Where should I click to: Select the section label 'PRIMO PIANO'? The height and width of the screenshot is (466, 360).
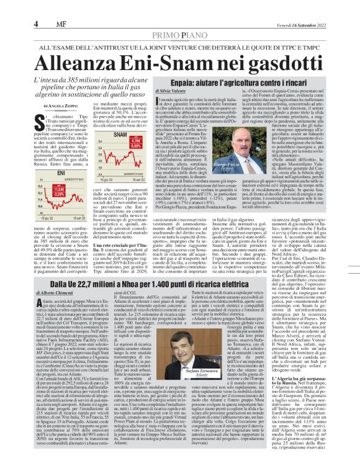(x=180, y=36)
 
